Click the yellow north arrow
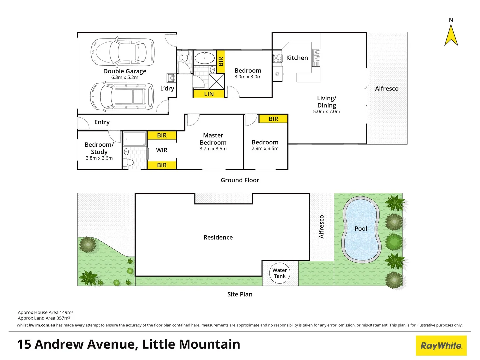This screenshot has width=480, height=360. coord(451,36)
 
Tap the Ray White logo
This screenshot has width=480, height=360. coord(441,346)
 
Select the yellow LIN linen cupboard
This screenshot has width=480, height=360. coord(209,94)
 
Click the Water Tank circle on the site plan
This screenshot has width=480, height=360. coord(280,273)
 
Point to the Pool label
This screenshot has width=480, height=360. coord(361,229)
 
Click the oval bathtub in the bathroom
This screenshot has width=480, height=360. coord(204,58)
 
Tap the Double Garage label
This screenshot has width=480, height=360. coord(125,71)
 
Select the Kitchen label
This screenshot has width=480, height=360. coord(297,58)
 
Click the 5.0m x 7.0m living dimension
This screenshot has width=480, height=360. coord(326,112)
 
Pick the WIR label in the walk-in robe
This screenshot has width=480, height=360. coord(162,150)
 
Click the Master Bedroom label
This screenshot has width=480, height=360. coord(213,139)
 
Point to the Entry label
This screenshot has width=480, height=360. coord(102,122)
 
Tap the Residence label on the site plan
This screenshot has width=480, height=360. coord(218,237)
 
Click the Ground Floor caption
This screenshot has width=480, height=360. coord(240,180)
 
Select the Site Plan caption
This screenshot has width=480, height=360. coord(240,294)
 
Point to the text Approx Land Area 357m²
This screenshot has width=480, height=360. coord(44,318)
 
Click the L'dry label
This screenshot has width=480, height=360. coord(167,88)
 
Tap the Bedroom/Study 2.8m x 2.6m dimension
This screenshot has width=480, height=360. coord(99,158)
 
